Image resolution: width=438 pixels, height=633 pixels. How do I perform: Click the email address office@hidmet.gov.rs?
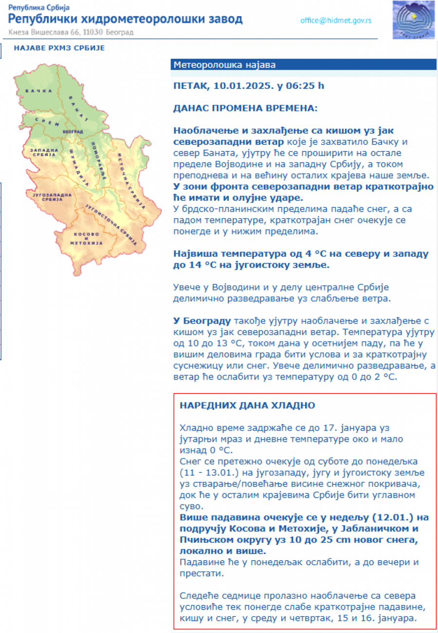tap(336, 20)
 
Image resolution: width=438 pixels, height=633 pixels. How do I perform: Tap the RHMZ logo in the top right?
tap(413, 20)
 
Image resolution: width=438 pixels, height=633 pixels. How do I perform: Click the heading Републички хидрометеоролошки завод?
tap(126, 19)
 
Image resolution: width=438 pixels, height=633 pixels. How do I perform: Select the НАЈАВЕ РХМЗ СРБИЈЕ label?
tap(59, 48)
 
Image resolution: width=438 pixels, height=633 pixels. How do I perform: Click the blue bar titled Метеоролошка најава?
tap(303, 65)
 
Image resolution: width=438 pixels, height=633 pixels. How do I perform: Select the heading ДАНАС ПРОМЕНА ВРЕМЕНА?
tap(245, 108)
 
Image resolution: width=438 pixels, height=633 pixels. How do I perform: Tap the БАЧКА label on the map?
tap(39, 91)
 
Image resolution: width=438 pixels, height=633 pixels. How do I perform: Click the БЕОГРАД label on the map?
tap(73, 132)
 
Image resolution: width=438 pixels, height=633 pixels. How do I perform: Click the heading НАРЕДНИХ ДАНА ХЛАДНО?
tap(248, 405)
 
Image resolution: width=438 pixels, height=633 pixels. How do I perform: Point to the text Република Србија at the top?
tap(39, 7)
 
